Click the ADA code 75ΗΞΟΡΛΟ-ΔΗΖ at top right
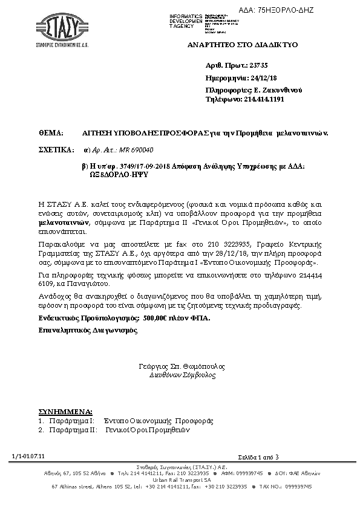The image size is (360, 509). pyautogui.click(x=293, y=10)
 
